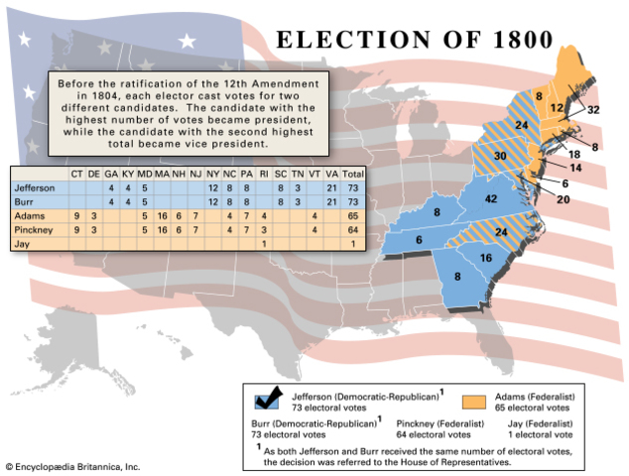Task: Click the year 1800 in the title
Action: pyautogui.click(x=505, y=40)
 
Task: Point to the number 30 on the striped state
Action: pyautogui.click(x=500, y=157)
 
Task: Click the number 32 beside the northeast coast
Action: pyautogui.click(x=592, y=110)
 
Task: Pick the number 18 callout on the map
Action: pyautogui.click(x=572, y=155)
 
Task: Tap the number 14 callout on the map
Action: pyautogui.click(x=572, y=168)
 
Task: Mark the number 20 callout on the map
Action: pyautogui.click(x=563, y=199)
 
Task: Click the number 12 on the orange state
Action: pyautogui.click(x=557, y=107)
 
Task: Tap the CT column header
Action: pyautogui.click(x=76, y=174)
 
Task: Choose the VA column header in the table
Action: pyautogui.click(x=331, y=174)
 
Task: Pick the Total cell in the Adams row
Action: pyautogui.click(x=353, y=215)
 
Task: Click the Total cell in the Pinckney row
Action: pyautogui.click(x=353, y=229)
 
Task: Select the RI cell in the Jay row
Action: pyautogui.click(x=264, y=243)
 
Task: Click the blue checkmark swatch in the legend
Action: pyautogui.click(x=268, y=400)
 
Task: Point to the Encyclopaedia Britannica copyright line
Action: pyautogui.click(x=72, y=465)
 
